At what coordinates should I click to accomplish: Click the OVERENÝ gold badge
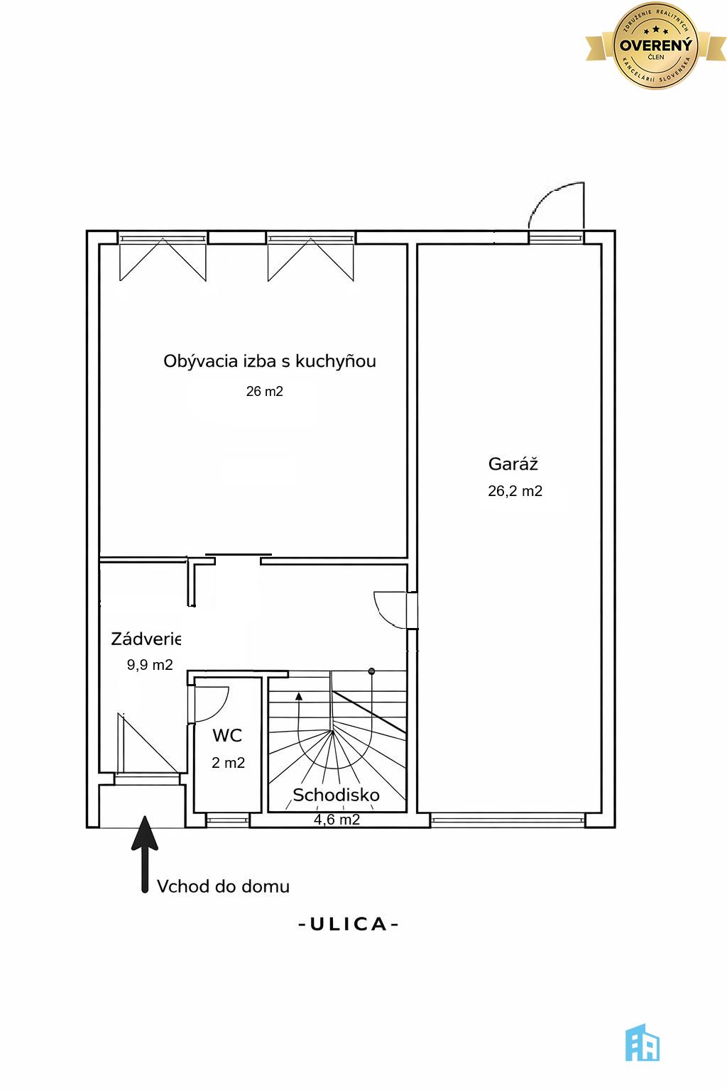[655, 45]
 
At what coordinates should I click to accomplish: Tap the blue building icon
[643, 1042]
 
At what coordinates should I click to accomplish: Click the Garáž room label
[513, 463]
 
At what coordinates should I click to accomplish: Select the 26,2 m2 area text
[515, 490]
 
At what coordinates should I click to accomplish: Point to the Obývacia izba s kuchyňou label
[269, 361]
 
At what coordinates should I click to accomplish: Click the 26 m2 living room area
[264, 391]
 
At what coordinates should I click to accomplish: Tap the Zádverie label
[146, 639]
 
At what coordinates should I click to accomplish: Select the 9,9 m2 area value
[150, 665]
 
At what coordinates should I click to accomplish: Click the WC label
[227, 735]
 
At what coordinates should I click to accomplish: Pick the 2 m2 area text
[228, 763]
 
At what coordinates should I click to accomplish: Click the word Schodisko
[336, 795]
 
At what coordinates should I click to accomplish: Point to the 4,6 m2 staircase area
[337, 820]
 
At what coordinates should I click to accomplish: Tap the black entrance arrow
[145, 854]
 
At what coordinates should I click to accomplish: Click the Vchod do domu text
[223, 886]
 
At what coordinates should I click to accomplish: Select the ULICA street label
[348, 924]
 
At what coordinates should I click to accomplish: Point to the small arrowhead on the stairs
[299, 696]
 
